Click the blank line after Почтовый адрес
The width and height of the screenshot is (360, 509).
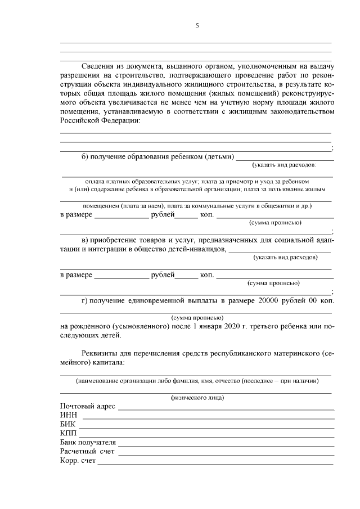[225, 408]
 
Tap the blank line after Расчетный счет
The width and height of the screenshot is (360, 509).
[225, 453]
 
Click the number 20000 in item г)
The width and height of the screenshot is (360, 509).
[269, 301]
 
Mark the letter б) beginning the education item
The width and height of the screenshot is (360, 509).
[85, 156]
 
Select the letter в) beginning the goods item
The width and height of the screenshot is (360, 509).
[85, 240]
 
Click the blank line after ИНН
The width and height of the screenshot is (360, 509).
[208, 417]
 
